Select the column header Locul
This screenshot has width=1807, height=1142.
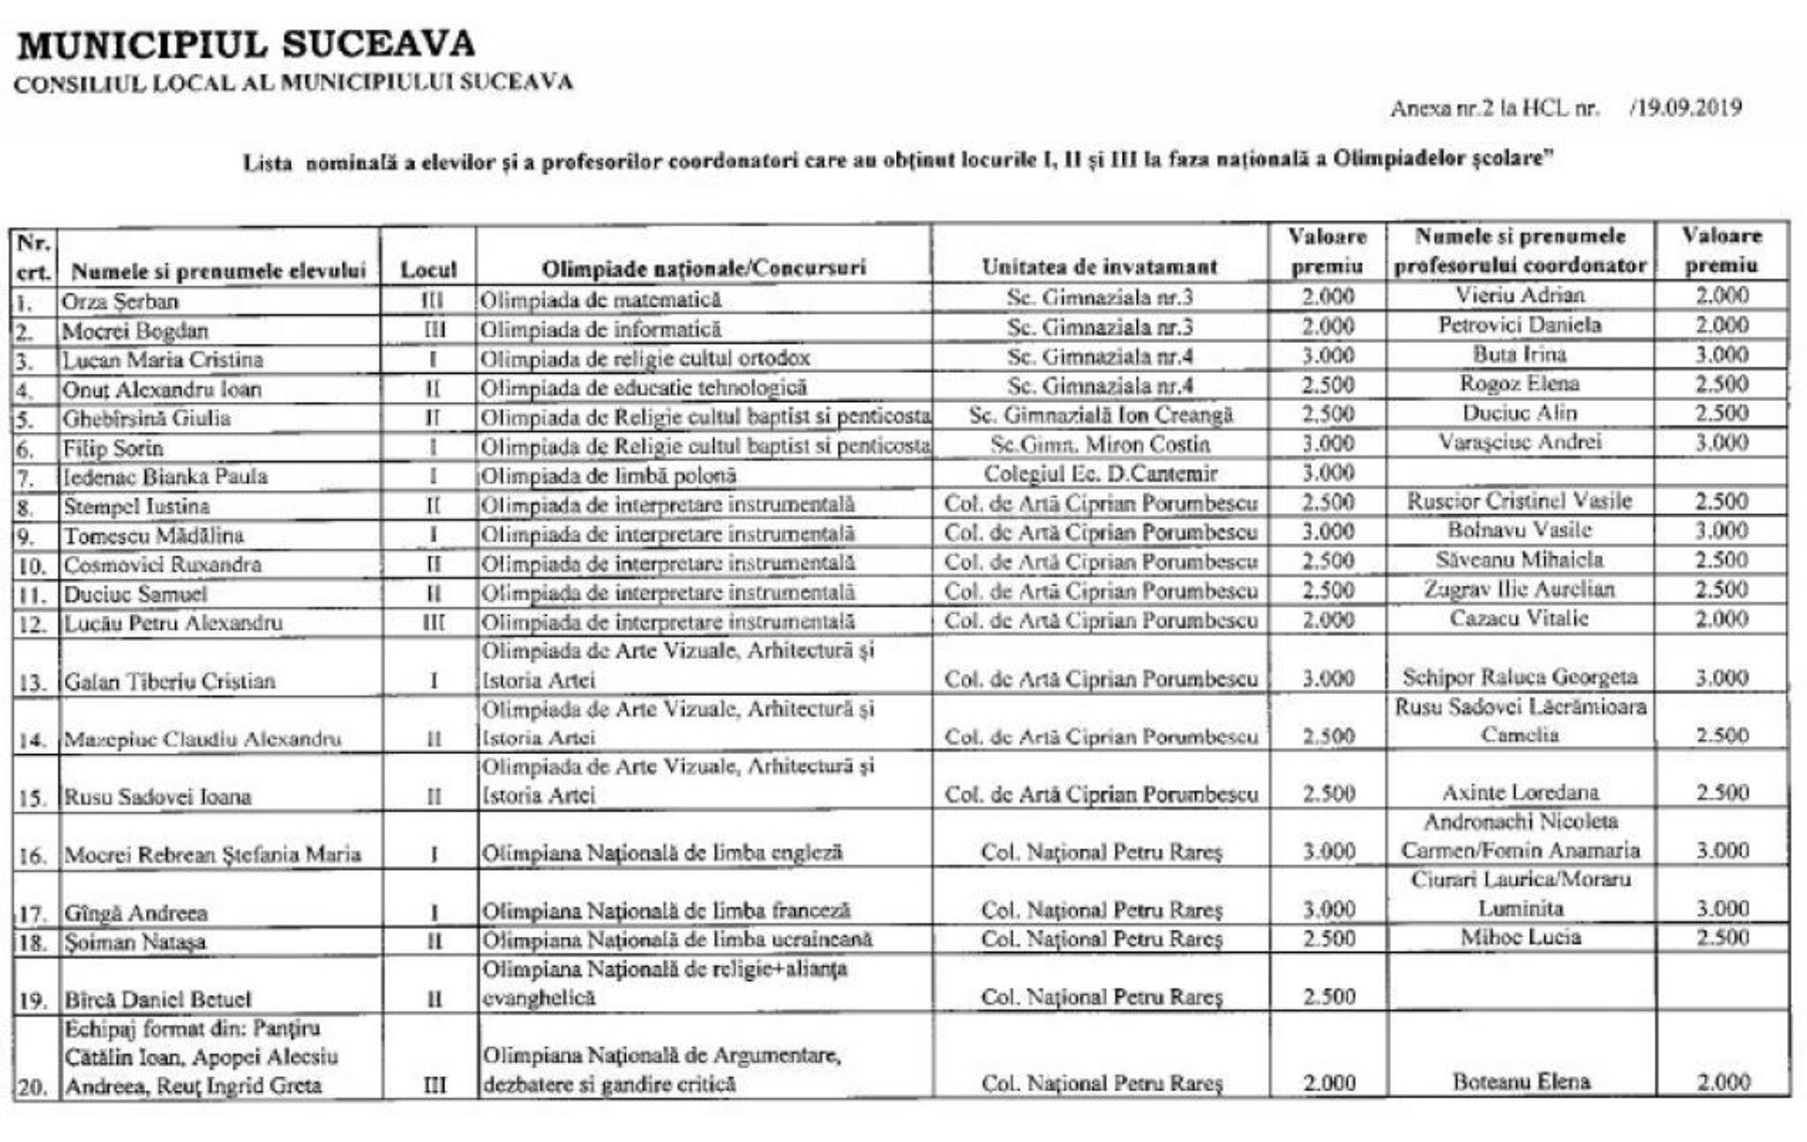tap(428, 269)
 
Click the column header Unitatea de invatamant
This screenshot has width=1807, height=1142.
tap(1099, 266)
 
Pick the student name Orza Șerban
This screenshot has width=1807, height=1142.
tap(120, 301)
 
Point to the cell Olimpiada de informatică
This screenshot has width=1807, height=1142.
tap(600, 330)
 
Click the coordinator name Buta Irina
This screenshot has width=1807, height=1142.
tap(1520, 355)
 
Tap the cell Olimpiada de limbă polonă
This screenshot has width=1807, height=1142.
tap(608, 475)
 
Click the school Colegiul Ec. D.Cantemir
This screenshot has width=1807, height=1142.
tap(1100, 474)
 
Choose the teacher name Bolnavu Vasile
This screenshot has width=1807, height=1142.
tap(1520, 530)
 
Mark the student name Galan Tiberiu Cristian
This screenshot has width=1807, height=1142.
tap(169, 682)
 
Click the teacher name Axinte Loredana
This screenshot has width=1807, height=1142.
tap(1520, 793)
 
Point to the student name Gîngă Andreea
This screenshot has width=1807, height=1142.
tap(136, 913)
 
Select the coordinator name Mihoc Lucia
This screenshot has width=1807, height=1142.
tap(1520, 938)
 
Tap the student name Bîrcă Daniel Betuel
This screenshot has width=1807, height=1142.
tap(157, 999)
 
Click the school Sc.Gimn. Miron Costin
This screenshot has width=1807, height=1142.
tap(1100, 444)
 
